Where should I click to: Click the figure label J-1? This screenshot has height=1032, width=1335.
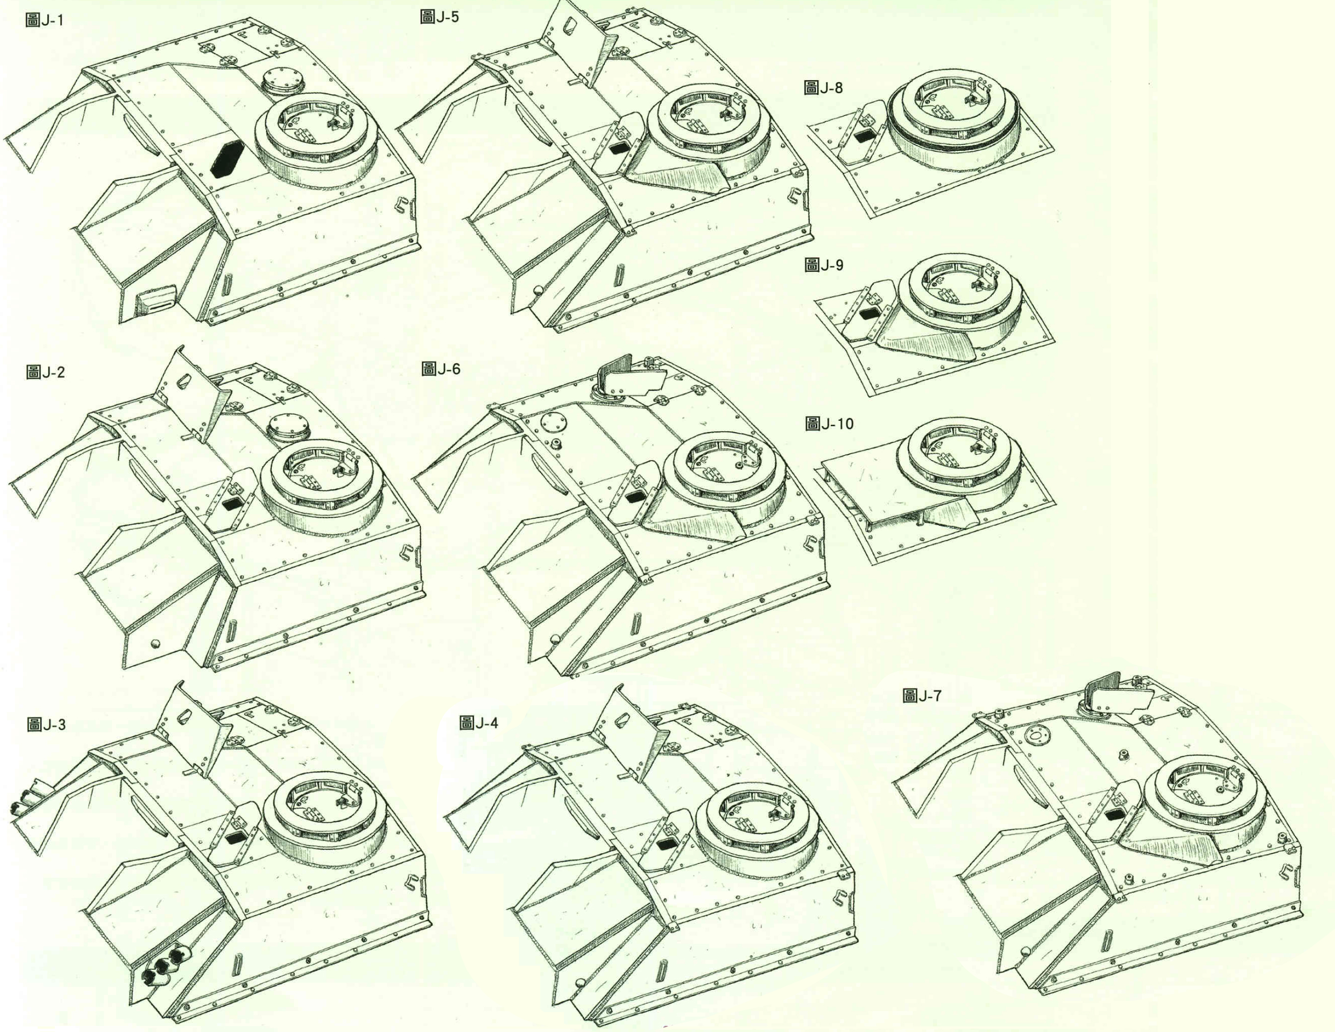[45, 20]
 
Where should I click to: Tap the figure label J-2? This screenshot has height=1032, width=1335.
[45, 372]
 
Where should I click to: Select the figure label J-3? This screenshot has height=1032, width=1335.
[46, 725]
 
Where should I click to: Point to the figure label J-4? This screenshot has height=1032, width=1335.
[478, 723]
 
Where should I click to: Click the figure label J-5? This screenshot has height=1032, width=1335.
[439, 17]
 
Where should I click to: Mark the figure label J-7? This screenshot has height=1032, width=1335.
[922, 695]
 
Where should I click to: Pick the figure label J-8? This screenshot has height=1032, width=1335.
[823, 88]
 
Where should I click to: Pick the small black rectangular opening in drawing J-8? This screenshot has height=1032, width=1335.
[863, 137]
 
